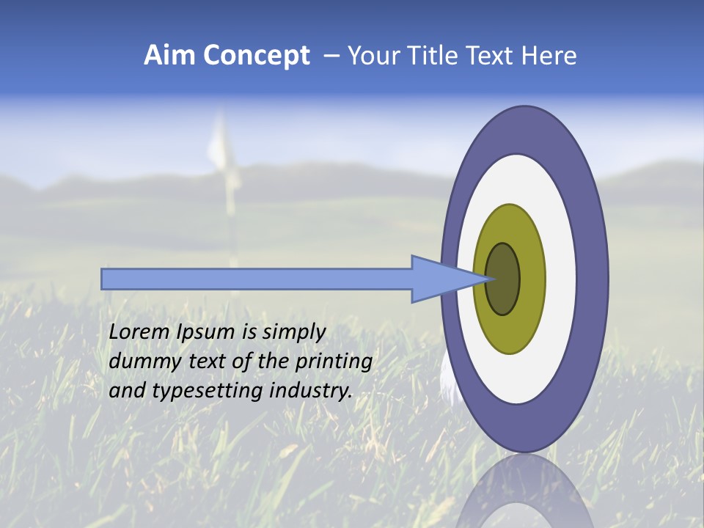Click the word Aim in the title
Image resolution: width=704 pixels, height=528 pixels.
(x=169, y=56)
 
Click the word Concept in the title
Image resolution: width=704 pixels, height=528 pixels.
(x=256, y=56)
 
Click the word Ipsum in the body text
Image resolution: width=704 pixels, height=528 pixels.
(x=208, y=331)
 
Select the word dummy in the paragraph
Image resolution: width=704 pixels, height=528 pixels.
(x=140, y=361)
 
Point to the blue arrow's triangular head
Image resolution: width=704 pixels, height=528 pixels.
(x=440, y=279)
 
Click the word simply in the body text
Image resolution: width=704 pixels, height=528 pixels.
(x=293, y=331)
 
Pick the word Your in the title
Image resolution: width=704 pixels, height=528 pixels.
(x=370, y=56)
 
